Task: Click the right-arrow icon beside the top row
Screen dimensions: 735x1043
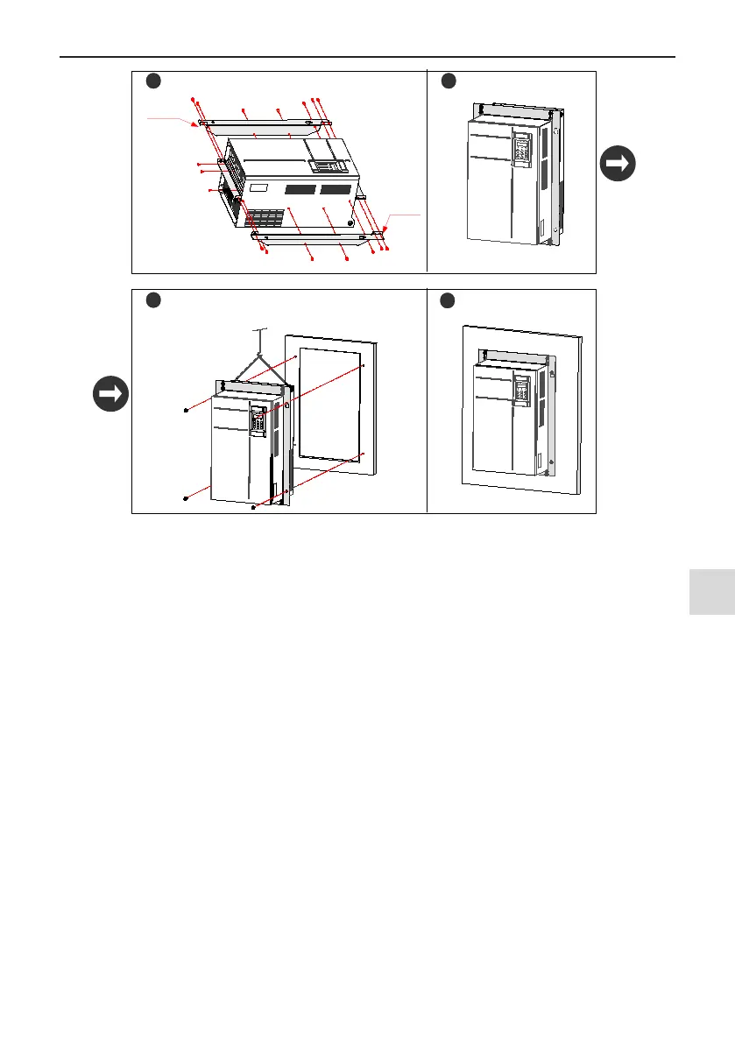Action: click(618, 164)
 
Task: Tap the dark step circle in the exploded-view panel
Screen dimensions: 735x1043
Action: click(152, 81)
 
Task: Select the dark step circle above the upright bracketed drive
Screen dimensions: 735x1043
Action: click(449, 81)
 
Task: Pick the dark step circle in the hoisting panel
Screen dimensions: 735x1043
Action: click(152, 300)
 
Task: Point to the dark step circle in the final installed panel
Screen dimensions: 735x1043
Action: click(449, 300)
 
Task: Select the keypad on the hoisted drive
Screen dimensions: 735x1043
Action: click(258, 420)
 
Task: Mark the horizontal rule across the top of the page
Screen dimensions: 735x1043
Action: click(368, 58)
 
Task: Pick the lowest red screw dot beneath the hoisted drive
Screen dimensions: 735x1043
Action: click(253, 507)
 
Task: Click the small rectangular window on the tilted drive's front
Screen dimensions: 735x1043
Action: click(259, 187)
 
